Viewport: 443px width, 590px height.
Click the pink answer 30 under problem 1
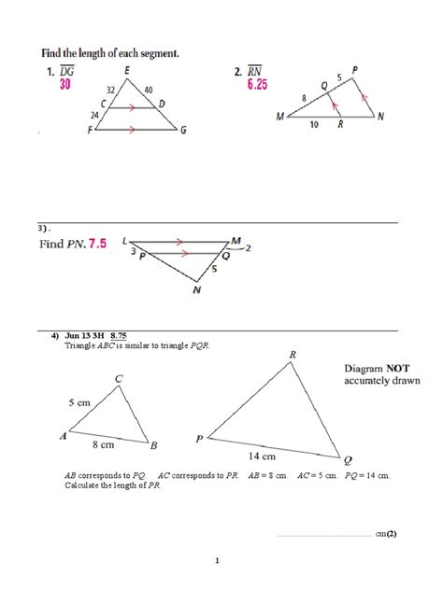(x=64, y=85)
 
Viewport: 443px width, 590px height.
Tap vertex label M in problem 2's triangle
(x=280, y=118)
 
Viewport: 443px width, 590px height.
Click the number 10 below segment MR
(x=313, y=124)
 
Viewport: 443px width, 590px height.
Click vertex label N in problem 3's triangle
(x=196, y=291)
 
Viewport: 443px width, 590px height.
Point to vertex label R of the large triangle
(x=293, y=356)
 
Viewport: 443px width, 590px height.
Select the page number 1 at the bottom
(x=217, y=560)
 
